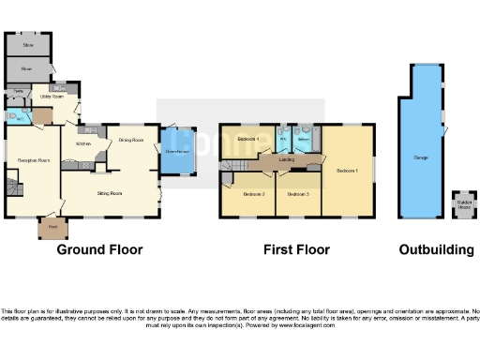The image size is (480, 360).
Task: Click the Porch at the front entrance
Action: pyautogui.click(x=52, y=226)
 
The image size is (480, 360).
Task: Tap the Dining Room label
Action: pyautogui.click(x=131, y=140)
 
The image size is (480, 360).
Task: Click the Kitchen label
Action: pyautogui.click(x=82, y=143)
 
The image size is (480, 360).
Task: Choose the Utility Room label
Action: pyautogui.click(x=52, y=97)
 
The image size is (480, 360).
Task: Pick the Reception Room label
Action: pyautogui.click(x=32, y=161)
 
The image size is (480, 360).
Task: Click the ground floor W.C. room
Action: pyautogui.click(x=20, y=117)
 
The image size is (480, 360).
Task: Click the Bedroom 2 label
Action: pyautogui.click(x=253, y=194)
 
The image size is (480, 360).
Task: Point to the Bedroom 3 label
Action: pyautogui.click(x=298, y=194)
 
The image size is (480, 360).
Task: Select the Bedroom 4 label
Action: pyautogui.click(x=247, y=140)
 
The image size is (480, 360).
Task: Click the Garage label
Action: pyautogui.click(x=421, y=157)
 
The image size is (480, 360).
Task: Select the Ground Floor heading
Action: pyautogui.click(x=99, y=250)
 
